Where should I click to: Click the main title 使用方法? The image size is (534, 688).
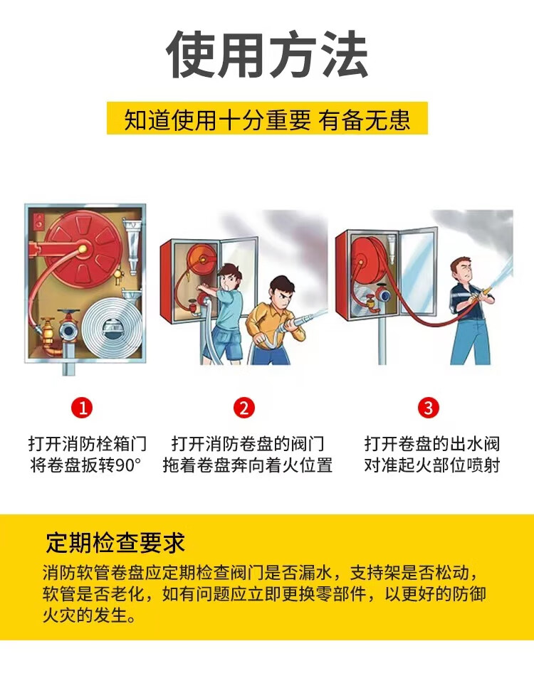pos(267,54)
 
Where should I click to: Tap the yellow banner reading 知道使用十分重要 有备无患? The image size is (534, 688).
pos(267,119)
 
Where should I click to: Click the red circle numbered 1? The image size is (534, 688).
pos(82,408)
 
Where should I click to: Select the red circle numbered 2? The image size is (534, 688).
pos(244,408)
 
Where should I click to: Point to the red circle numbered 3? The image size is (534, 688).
pos(429,408)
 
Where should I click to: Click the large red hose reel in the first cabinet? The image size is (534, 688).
pos(82,249)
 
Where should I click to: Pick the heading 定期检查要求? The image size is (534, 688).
pos(115,543)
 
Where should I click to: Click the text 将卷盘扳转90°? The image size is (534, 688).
pos(86,465)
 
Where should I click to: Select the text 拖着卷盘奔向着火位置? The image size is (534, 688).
pos(248,465)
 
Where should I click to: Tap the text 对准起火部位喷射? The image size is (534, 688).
pos(431,465)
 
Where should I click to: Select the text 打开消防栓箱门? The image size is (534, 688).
pos(88,443)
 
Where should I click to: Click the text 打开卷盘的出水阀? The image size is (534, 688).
pos(431,443)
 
